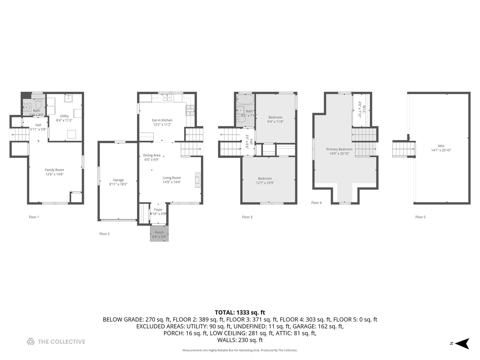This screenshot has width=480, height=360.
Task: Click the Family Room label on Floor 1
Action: click(x=54, y=170)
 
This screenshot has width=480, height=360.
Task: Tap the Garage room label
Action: click(x=118, y=180)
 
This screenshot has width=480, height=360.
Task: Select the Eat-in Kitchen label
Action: click(x=162, y=120)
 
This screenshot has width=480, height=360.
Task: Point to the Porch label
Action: click(x=159, y=232)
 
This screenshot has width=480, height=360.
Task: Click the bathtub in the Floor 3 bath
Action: click(x=245, y=99)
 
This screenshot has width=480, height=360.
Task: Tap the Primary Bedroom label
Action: click(x=339, y=149)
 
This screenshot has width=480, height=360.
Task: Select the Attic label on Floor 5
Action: click(x=441, y=146)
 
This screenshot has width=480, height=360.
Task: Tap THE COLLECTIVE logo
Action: click(x=56, y=342)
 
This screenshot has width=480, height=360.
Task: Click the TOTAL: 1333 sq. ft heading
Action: click(x=240, y=312)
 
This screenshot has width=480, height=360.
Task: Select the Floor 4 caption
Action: click(x=316, y=203)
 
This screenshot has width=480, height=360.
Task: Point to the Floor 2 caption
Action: click(x=104, y=234)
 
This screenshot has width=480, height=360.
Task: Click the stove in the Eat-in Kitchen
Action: click(x=190, y=110)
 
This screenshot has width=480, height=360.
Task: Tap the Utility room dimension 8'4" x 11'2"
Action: click(x=64, y=120)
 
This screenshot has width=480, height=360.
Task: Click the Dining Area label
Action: click(x=152, y=155)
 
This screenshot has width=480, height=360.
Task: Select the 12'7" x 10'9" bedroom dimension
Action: click(x=265, y=183)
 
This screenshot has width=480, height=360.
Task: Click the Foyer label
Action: click(x=158, y=210)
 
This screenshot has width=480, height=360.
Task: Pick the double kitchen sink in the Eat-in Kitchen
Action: click(x=167, y=98)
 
